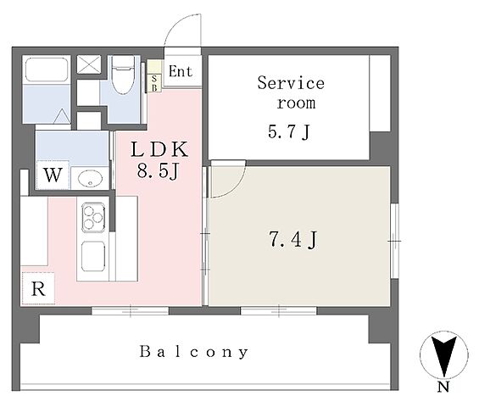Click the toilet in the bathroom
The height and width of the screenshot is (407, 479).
(123, 75)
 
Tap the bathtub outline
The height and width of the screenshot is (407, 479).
(47, 70)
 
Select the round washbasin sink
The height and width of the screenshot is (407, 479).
(90, 178)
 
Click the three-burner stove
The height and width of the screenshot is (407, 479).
(93, 217)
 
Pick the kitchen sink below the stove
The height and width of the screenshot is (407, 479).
(93, 256)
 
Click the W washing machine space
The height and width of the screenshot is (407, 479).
(53, 175)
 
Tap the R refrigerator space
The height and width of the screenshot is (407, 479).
(38, 288)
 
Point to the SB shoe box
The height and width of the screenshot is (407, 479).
(154, 83)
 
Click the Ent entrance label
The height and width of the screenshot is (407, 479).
(181, 71)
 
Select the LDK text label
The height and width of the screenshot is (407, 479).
(159, 149)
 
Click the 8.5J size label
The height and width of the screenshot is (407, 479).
(158, 171)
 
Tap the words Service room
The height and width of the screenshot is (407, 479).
(291, 92)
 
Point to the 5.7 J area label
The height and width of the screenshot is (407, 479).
(289, 132)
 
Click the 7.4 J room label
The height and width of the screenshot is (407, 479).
(293, 240)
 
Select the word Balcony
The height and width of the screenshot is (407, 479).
(193, 352)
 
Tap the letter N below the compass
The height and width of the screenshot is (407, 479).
(443, 387)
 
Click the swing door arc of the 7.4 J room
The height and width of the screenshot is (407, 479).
(237, 187)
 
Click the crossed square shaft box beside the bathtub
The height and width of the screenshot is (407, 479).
(88, 64)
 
